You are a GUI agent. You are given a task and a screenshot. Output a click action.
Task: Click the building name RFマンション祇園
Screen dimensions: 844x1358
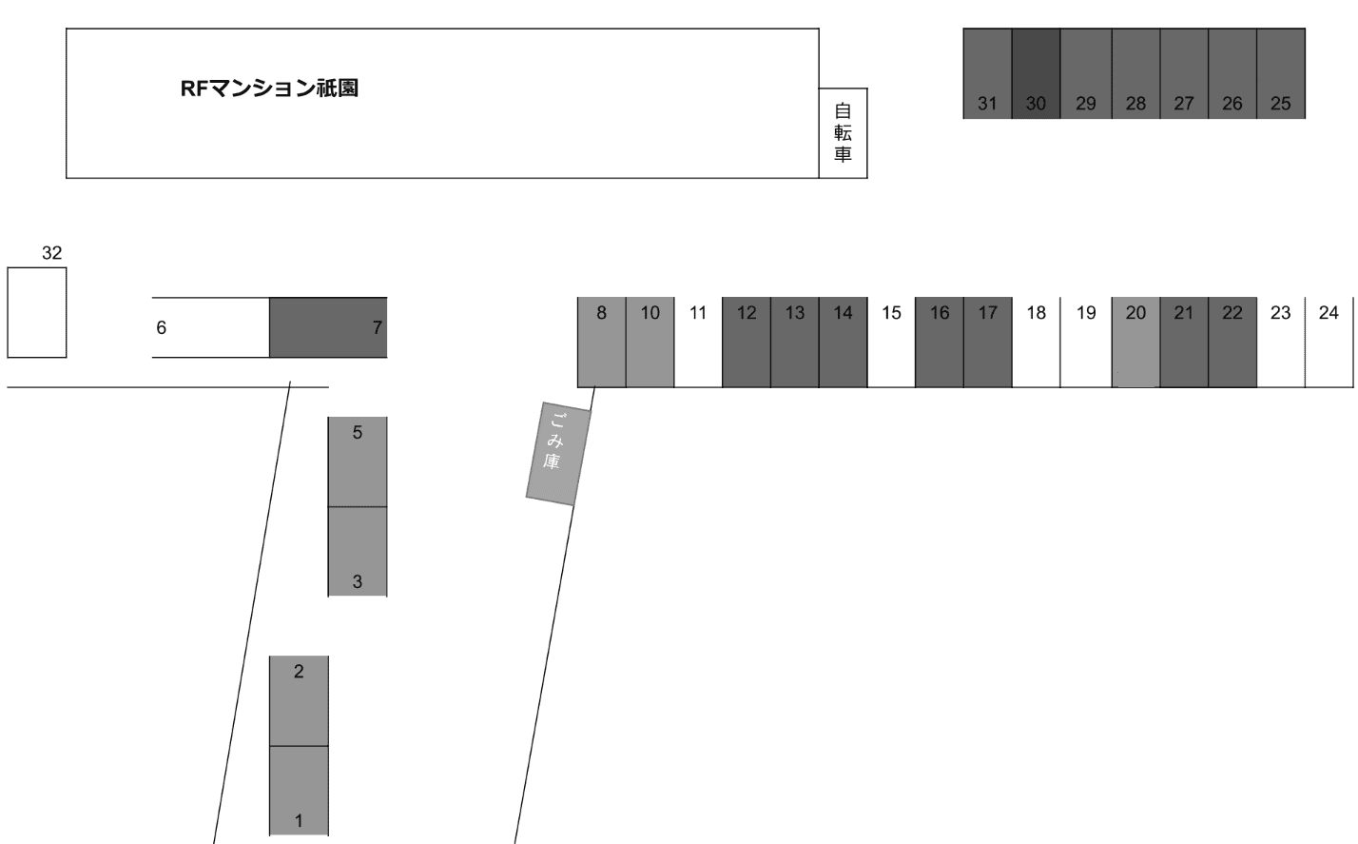point(269,88)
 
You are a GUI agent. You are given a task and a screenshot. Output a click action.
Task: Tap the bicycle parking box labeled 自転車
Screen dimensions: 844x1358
point(843,133)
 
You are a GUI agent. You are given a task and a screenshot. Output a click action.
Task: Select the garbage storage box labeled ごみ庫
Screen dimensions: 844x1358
point(558,453)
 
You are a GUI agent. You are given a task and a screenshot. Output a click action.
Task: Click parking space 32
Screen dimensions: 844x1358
point(37,312)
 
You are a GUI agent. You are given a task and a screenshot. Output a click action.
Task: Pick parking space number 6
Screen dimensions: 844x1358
point(210,327)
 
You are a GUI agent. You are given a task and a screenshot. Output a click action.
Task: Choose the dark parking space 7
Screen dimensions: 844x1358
point(328,327)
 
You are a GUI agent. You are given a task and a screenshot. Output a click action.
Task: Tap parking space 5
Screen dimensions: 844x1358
point(358,461)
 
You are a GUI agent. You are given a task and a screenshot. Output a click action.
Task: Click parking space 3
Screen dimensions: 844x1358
point(358,552)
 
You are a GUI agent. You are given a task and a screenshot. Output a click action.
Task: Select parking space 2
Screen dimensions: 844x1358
point(299,700)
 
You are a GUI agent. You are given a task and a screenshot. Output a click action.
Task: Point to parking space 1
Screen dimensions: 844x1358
point(299,791)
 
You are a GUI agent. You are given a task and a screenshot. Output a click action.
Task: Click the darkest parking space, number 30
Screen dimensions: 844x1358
point(1036,73)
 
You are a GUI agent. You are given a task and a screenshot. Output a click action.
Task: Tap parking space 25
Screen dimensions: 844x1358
point(1281,73)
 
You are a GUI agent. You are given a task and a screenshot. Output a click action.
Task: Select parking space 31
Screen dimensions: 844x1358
point(987,73)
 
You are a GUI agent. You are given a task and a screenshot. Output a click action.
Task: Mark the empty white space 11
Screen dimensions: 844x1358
point(698,343)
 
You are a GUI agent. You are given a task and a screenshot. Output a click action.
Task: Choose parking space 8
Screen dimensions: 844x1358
point(601,343)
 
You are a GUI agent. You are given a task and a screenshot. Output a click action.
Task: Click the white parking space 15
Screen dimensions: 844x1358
point(891,343)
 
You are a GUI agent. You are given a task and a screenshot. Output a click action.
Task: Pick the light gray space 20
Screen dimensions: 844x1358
point(1135,343)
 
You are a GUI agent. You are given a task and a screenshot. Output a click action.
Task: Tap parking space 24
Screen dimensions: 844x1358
point(1329,343)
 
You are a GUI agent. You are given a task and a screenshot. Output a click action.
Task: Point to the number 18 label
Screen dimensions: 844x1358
point(1037,312)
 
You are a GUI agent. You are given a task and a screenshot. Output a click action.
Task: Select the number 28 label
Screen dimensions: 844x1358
point(1135,104)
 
